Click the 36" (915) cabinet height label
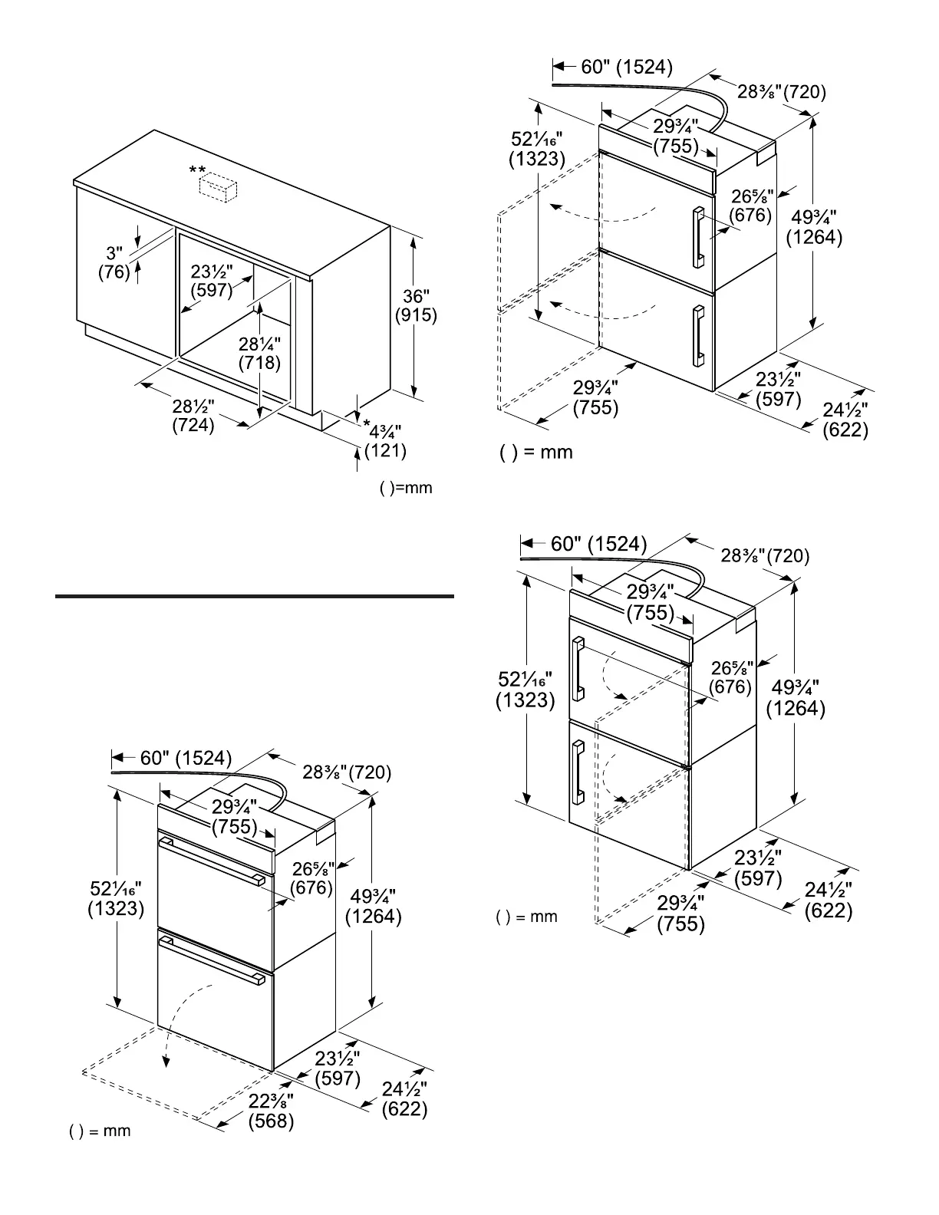click(416, 305)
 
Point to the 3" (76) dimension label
click(114, 262)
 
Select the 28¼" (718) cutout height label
click(259, 354)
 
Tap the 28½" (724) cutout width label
click(193, 416)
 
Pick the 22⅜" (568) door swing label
click(271, 1111)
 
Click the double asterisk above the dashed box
click(197, 170)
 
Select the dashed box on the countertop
click(218, 187)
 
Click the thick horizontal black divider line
click(255, 596)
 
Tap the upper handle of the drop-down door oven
click(213, 861)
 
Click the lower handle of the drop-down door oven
click(213, 960)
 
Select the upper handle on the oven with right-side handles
click(699, 237)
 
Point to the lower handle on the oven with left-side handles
click(578, 772)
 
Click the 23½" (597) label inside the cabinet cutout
click(212, 281)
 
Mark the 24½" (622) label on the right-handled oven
click(845, 420)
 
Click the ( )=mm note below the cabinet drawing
click(406, 488)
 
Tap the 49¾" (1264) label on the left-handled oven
click(796, 698)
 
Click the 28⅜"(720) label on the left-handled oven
click(765, 555)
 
